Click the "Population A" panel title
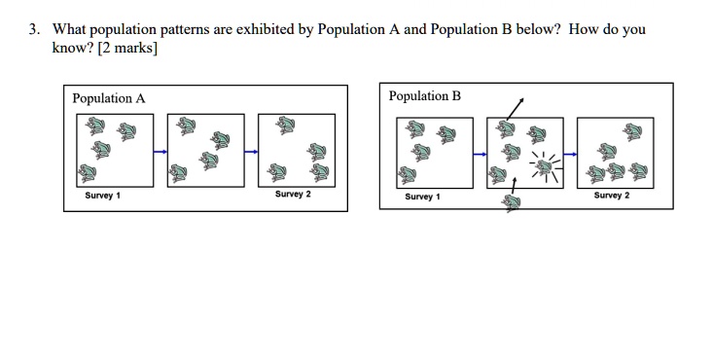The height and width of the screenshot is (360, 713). click(109, 99)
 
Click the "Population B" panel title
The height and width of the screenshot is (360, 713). click(425, 96)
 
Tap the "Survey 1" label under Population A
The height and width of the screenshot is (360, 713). click(103, 196)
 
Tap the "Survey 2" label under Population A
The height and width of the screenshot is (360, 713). click(293, 195)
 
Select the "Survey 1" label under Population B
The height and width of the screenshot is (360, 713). click(422, 197)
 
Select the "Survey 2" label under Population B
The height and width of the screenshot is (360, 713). click(612, 196)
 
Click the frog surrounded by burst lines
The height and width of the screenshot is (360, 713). click(545, 168)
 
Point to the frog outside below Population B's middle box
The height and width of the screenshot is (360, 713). click(512, 203)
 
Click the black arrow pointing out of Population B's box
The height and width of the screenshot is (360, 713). click(516, 108)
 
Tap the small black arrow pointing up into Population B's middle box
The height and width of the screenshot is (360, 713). click(514, 185)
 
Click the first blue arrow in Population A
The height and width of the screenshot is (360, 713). click(160, 152)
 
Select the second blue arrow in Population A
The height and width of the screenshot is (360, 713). click(251, 152)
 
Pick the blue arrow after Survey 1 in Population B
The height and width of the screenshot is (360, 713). click(480, 155)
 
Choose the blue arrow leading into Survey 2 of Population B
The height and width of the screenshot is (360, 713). click(570, 155)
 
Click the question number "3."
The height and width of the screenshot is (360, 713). click(35, 29)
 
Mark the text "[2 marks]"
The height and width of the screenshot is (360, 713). click(127, 48)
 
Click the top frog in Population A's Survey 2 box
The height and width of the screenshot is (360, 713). click(286, 126)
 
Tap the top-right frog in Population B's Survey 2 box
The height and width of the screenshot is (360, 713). click(632, 132)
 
